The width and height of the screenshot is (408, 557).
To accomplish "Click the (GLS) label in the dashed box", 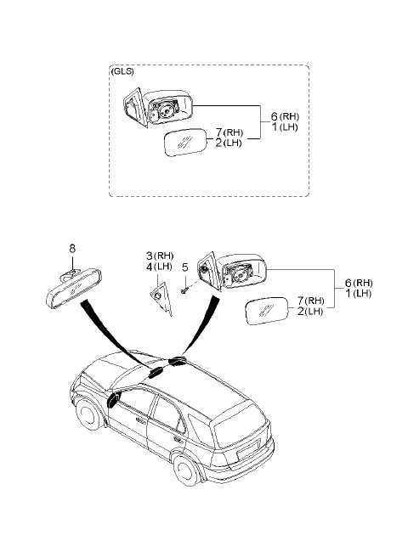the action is coord(122,71).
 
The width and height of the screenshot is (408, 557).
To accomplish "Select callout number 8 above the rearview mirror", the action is coord(72,248).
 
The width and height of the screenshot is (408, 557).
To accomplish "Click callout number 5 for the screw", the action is coord(184,267).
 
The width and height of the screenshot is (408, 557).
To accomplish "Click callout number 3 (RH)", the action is coord(160,256).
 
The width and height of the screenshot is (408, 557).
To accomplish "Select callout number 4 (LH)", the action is coord(159,267).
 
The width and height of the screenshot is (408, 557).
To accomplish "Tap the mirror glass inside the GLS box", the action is coord(185,142).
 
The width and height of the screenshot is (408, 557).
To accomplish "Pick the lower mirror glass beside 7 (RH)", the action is coord(267,311).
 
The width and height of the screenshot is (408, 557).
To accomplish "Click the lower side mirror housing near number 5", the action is coord(231,272).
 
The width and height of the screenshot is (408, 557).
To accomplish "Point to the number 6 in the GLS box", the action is coord(275,116).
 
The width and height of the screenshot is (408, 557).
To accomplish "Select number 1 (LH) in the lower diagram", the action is coord(358,294).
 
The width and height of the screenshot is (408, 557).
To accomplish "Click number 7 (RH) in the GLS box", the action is coord(229,132).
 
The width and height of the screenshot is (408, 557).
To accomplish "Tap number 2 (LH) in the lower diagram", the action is coord(309,312).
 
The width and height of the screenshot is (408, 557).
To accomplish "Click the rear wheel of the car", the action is coord(187,470).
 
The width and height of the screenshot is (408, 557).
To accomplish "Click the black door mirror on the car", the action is coord(113,401).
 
